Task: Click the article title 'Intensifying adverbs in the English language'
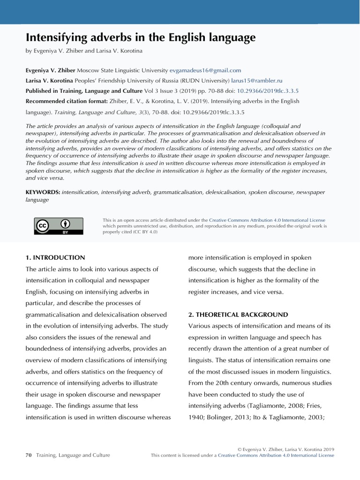click(141, 37)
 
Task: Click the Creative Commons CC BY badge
click(59, 226)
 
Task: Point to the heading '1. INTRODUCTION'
click(55, 257)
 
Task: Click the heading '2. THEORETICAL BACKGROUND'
click(238, 315)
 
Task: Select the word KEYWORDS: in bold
click(43, 192)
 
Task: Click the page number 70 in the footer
click(28, 455)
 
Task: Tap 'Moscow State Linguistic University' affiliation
click(122, 70)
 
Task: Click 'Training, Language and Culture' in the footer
click(73, 455)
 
